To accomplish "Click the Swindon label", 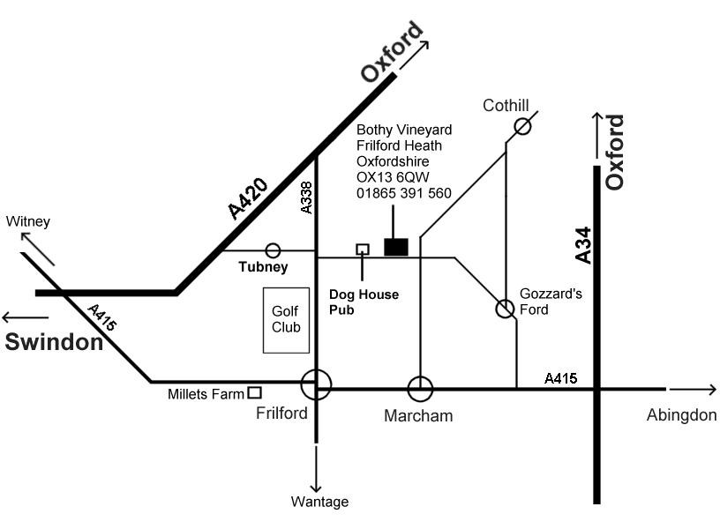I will click(x=55, y=342).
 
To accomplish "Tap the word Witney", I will click(x=28, y=221).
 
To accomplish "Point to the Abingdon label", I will click(x=680, y=415).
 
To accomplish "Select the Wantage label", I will click(x=319, y=502).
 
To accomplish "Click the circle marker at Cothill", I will click(x=522, y=126).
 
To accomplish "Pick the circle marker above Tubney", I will click(x=274, y=250).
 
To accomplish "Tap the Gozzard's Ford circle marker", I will click(x=505, y=309).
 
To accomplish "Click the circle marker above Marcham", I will click(x=420, y=388).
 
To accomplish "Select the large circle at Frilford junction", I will click(x=316, y=385).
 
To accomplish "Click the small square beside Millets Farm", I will click(x=254, y=393).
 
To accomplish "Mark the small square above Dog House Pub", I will click(x=362, y=250).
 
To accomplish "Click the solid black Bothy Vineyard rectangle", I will click(x=396, y=247).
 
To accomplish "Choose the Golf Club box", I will click(x=286, y=320).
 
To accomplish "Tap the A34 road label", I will click(x=582, y=244).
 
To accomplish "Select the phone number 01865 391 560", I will click(x=404, y=193).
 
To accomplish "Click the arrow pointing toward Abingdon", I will click(x=694, y=389).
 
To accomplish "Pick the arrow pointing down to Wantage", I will click(x=316, y=465).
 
